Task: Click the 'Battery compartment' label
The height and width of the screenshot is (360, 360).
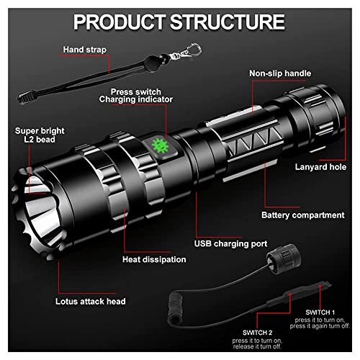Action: (x=302, y=215)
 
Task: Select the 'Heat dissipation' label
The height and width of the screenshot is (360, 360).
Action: (x=154, y=259)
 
